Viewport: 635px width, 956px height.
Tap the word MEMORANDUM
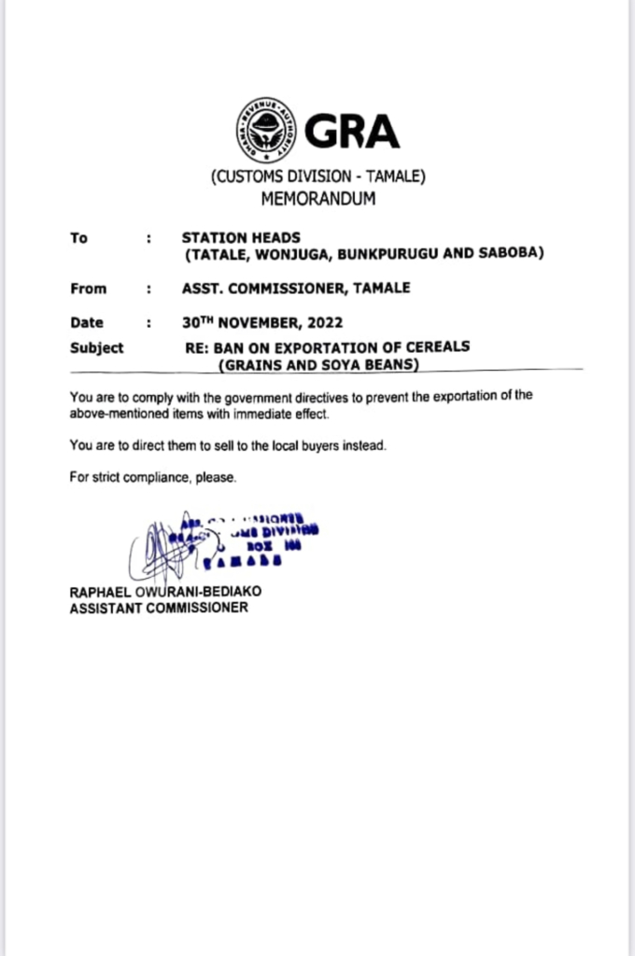(317, 198)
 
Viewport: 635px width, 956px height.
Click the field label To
(78, 238)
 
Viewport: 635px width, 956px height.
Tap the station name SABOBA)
(510, 254)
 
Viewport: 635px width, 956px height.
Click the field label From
(89, 288)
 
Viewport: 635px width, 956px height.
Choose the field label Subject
(96, 347)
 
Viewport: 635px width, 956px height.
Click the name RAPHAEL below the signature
(100, 591)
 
